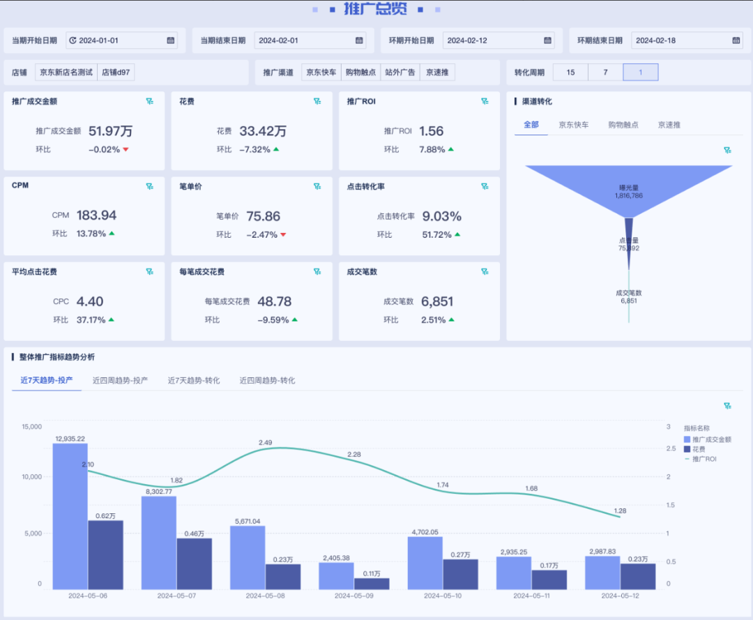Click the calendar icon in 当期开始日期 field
171,40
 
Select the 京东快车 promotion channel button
322,72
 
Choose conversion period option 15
570,72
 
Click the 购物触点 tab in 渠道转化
623,125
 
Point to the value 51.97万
110,130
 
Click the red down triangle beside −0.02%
126,149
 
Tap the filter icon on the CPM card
149,186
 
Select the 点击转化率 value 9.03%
442,216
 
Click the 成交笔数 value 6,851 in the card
437,301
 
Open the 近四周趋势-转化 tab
267,380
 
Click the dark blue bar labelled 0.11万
372,583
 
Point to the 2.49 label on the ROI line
265,443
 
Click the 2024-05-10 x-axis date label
443,596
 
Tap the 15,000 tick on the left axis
32,426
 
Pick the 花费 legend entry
698,449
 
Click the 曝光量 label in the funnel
628,188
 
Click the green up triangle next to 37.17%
111,319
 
